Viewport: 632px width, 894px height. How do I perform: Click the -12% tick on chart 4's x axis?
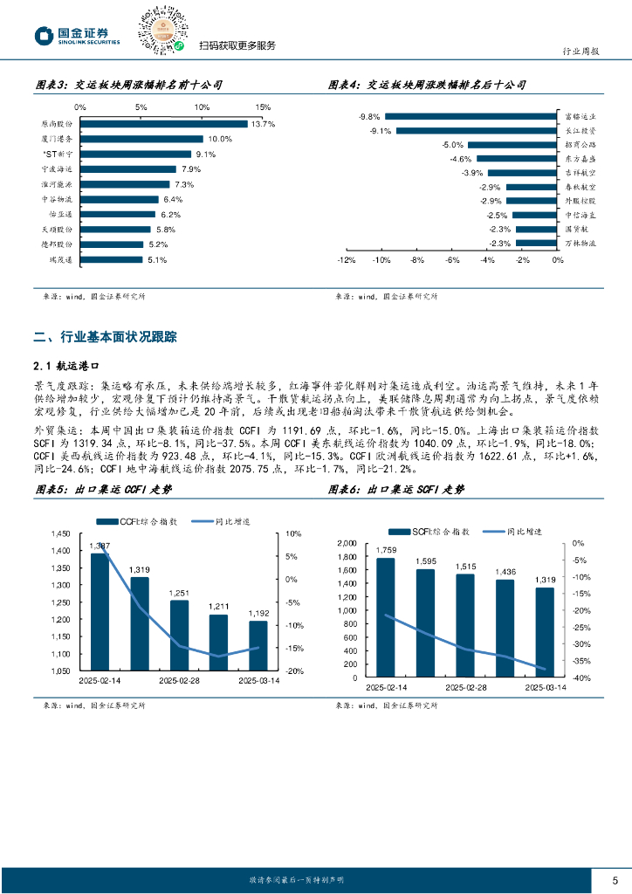pos(346,260)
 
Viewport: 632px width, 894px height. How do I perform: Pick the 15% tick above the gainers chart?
pos(264,107)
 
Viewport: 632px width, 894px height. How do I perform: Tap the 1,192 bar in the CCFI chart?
pos(258,645)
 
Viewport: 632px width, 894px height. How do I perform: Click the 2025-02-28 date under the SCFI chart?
pos(465,688)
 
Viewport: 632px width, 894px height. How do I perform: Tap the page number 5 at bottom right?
pos(615,879)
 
